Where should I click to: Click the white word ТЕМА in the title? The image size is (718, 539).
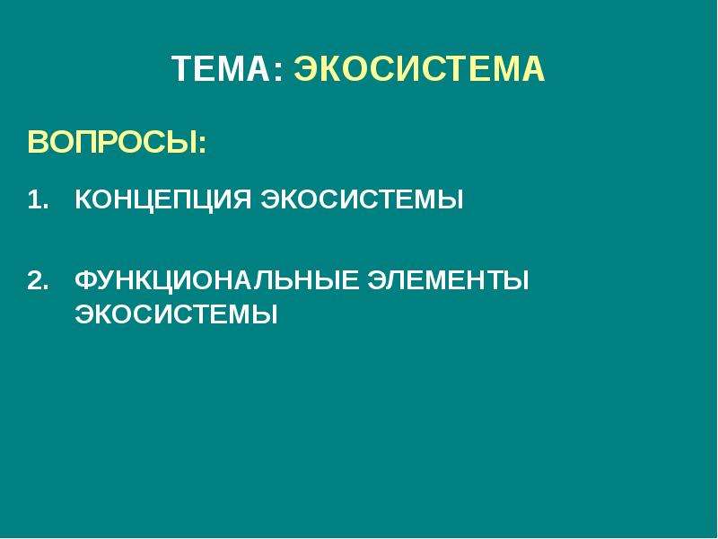(223, 69)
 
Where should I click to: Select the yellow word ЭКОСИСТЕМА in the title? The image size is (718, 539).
(419, 69)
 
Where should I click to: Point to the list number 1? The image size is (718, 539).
(38, 199)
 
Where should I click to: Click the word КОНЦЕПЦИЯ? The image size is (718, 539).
(163, 200)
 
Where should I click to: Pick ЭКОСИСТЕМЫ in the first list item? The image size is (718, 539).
(363, 199)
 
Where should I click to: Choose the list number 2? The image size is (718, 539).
(38, 281)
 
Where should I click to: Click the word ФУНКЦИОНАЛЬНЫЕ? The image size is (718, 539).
(216, 281)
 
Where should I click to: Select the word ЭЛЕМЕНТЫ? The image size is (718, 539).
(448, 280)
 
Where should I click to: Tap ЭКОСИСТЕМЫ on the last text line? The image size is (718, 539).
(176, 314)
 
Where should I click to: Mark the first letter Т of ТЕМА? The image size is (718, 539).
(182, 69)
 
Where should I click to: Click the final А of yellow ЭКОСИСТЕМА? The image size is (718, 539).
(533, 69)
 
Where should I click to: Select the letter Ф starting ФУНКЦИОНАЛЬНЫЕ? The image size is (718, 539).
(87, 280)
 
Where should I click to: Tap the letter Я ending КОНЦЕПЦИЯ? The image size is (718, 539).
(241, 199)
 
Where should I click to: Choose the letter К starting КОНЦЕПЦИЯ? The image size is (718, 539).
(84, 199)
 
